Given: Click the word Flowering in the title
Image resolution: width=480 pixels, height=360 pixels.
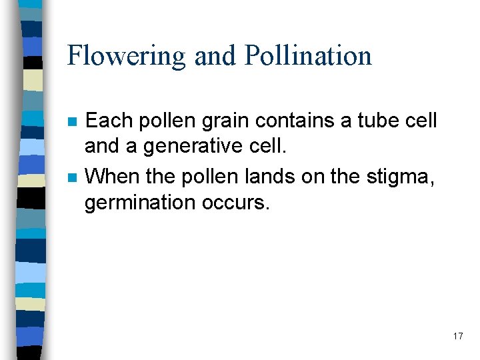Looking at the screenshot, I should (x=125, y=56).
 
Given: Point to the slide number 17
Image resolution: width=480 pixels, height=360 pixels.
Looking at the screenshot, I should (x=457, y=336).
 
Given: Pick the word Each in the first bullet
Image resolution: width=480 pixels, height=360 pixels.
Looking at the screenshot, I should (x=109, y=121).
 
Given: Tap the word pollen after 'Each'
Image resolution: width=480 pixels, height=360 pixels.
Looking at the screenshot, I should (x=163, y=121).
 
